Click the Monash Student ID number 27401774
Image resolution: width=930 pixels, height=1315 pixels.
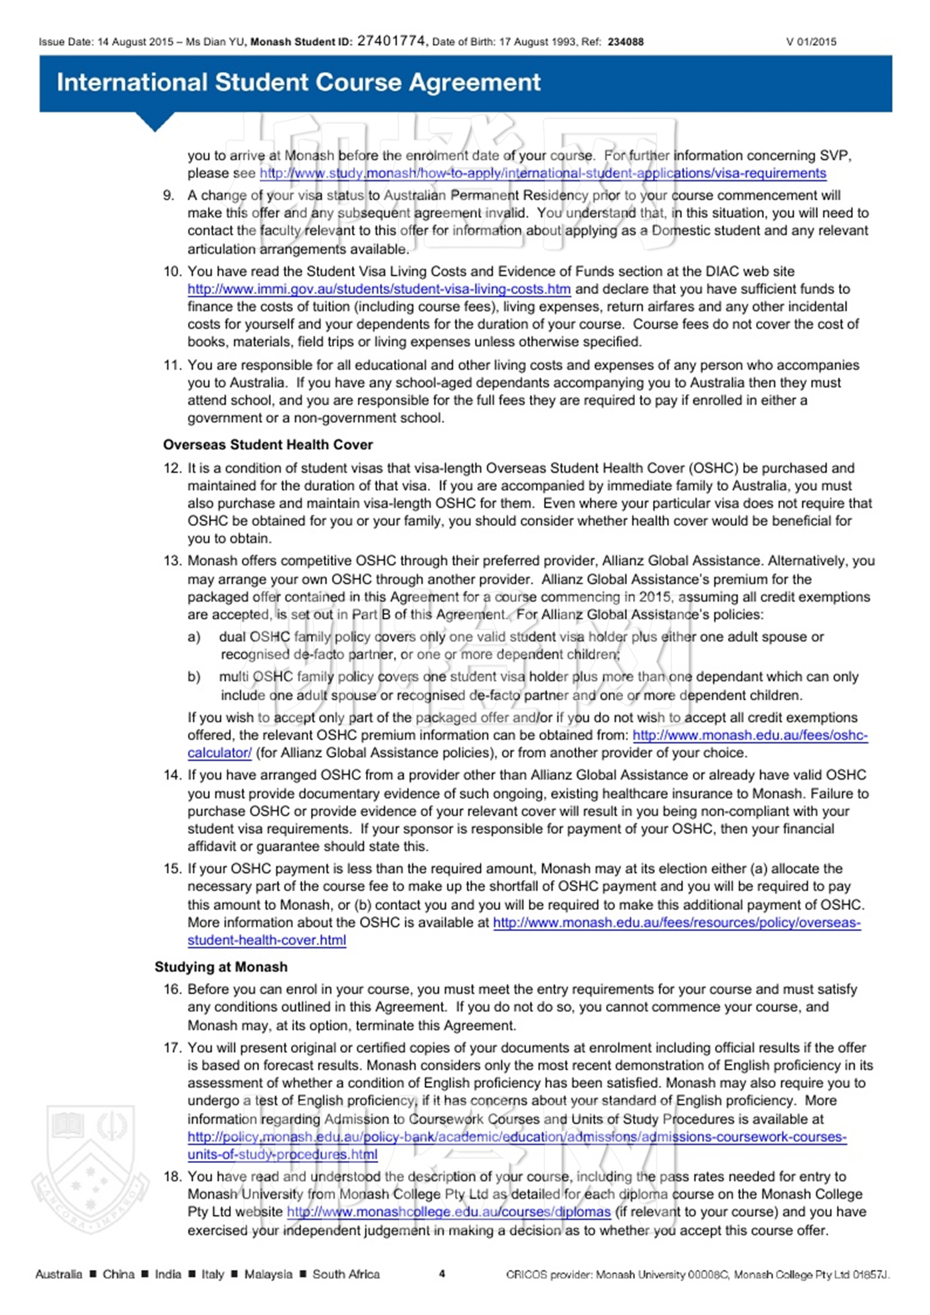tap(391, 41)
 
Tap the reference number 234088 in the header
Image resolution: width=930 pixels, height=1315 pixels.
tap(625, 42)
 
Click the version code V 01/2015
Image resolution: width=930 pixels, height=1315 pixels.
tap(811, 42)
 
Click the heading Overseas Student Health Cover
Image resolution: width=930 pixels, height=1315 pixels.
tap(268, 445)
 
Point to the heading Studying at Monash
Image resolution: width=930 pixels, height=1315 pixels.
tap(221, 967)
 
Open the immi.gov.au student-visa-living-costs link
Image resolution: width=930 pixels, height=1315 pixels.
tap(379, 290)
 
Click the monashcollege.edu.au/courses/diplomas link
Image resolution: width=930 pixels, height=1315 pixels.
tap(448, 1212)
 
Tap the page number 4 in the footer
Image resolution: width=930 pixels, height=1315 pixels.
tap(442, 1274)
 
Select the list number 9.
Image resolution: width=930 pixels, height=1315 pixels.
tap(169, 195)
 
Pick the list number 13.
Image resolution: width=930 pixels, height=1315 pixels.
tap(172, 561)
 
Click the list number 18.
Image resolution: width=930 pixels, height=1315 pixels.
tap(172, 1177)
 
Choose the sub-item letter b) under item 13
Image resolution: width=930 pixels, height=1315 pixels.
tap(194, 677)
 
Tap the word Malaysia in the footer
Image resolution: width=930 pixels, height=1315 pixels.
tap(268, 1274)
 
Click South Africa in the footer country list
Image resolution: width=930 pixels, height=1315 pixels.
tap(346, 1274)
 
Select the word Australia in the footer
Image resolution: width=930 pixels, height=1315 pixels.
tap(58, 1274)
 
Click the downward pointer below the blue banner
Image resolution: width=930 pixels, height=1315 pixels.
tap(155, 122)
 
